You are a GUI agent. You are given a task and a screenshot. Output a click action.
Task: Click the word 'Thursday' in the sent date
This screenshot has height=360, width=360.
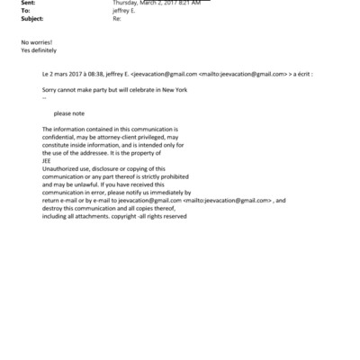tap(127, 4)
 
